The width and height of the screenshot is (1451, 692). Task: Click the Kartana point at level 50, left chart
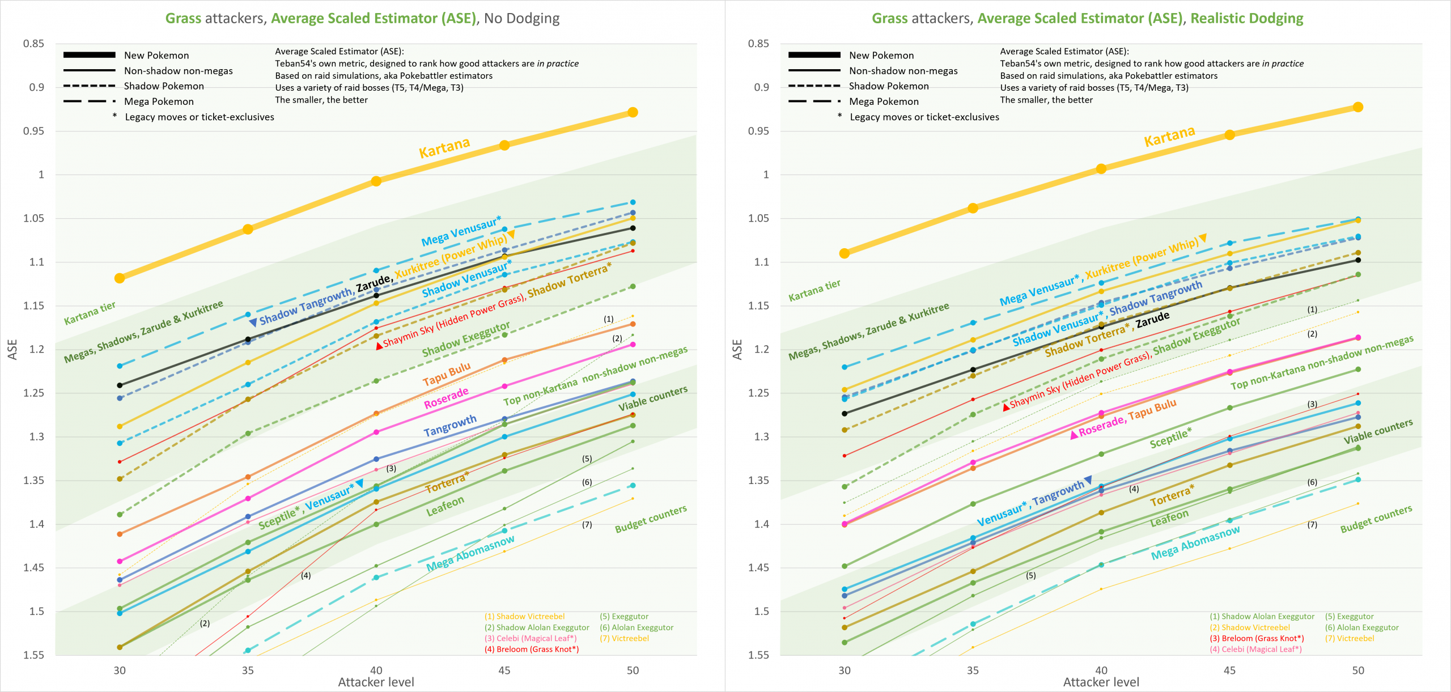[633, 112]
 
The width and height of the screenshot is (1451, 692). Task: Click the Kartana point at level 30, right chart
[845, 253]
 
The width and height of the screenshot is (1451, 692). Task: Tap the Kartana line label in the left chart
[444, 148]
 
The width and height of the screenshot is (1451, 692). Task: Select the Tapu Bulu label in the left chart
[447, 374]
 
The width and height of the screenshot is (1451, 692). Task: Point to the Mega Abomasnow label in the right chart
[1195, 543]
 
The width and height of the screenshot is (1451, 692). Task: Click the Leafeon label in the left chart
[445, 506]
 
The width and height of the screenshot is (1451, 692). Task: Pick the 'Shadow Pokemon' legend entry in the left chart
[164, 86]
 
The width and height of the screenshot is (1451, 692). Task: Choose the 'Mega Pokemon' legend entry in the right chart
[884, 101]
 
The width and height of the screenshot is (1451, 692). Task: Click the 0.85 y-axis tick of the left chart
[33, 44]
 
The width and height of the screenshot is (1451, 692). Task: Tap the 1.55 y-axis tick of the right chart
[758, 655]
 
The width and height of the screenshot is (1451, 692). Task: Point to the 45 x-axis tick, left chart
[504, 670]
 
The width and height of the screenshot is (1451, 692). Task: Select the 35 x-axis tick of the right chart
[973, 670]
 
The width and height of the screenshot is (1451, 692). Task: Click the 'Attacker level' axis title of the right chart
[1101, 682]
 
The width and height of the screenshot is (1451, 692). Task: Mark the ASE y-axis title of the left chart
[12, 349]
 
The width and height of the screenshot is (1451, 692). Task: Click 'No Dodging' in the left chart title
[521, 18]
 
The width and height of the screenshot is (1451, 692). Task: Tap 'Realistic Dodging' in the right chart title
[1246, 18]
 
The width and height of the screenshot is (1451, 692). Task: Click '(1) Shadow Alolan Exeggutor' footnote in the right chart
[1262, 616]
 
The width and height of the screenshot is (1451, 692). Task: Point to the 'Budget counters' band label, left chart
[651, 519]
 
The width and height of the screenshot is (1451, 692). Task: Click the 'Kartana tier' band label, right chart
[814, 290]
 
